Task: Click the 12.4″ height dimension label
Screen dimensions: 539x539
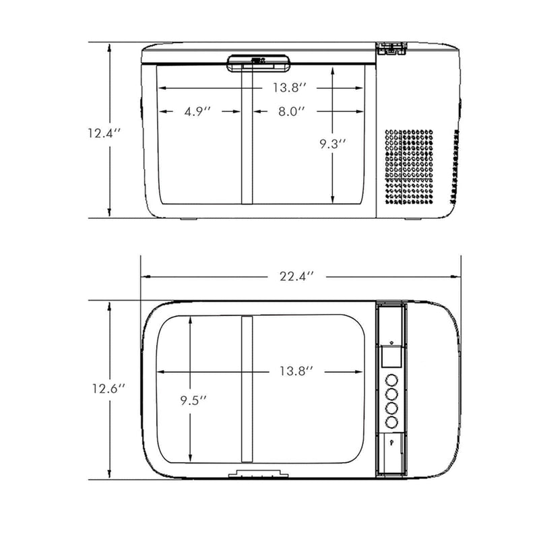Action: pyautogui.click(x=104, y=133)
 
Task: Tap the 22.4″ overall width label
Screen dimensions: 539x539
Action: pyautogui.click(x=297, y=276)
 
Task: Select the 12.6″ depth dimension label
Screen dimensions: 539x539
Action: pyautogui.click(x=108, y=389)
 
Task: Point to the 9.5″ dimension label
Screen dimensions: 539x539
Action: pyautogui.click(x=194, y=400)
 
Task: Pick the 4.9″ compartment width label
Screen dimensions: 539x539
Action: pyautogui.click(x=197, y=111)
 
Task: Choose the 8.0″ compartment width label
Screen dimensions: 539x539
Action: pyautogui.click(x=292, y=111)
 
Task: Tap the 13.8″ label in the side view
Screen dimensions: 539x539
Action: pyautogui.click(x=290, y=88)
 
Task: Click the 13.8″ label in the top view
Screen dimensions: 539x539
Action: pyautogui.click(x=296, y=371)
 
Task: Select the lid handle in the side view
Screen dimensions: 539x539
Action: pyautogui.click(x=259, y=63)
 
